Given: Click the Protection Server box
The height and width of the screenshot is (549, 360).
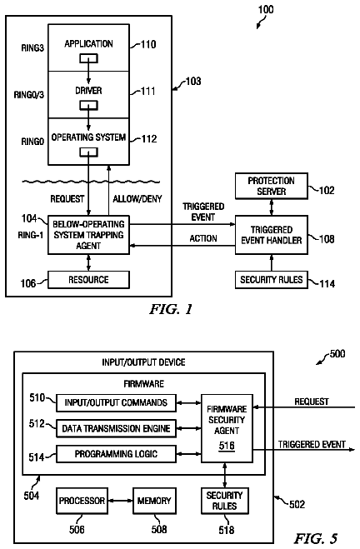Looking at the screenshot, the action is tap(272, 186).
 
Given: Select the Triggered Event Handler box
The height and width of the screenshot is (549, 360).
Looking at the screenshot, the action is tap(272, 235).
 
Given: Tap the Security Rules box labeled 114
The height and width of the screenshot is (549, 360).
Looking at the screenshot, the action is tap(272, 280).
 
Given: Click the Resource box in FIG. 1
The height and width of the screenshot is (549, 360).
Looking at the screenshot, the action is tap(88, 280).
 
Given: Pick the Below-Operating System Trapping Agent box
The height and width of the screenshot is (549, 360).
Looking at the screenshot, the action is tap(88, 235).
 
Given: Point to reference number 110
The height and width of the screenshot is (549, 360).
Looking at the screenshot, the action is tap(148, 44).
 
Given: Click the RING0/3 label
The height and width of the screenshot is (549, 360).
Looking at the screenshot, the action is tap(28, 95).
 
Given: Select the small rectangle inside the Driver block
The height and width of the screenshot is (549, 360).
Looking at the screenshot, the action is tap(88, 105).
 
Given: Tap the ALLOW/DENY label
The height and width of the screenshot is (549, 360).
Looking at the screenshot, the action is tap(137, 199).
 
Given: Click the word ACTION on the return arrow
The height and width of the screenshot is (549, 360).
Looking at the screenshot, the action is tap(203, 238).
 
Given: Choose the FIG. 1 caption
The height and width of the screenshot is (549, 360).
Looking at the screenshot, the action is tap(171, 309).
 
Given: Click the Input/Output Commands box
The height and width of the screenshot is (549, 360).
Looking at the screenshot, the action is tap(116, 403).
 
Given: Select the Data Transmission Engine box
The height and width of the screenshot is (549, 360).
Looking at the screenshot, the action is tap(116, 428).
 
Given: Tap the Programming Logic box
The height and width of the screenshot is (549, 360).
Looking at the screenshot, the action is tap(116, 454).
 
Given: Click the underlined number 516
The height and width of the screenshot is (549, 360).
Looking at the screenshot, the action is tap(227, 446).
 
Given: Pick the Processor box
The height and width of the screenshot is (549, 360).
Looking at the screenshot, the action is tap(82, 501).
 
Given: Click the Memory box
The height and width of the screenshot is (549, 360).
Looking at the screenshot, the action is tap(154, 501).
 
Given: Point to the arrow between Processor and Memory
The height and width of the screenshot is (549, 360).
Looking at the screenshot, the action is tap(121, 501).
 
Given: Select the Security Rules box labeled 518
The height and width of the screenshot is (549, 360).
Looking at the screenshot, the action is tap(224, 501).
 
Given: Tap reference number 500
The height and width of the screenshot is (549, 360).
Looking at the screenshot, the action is tap(337, 353).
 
